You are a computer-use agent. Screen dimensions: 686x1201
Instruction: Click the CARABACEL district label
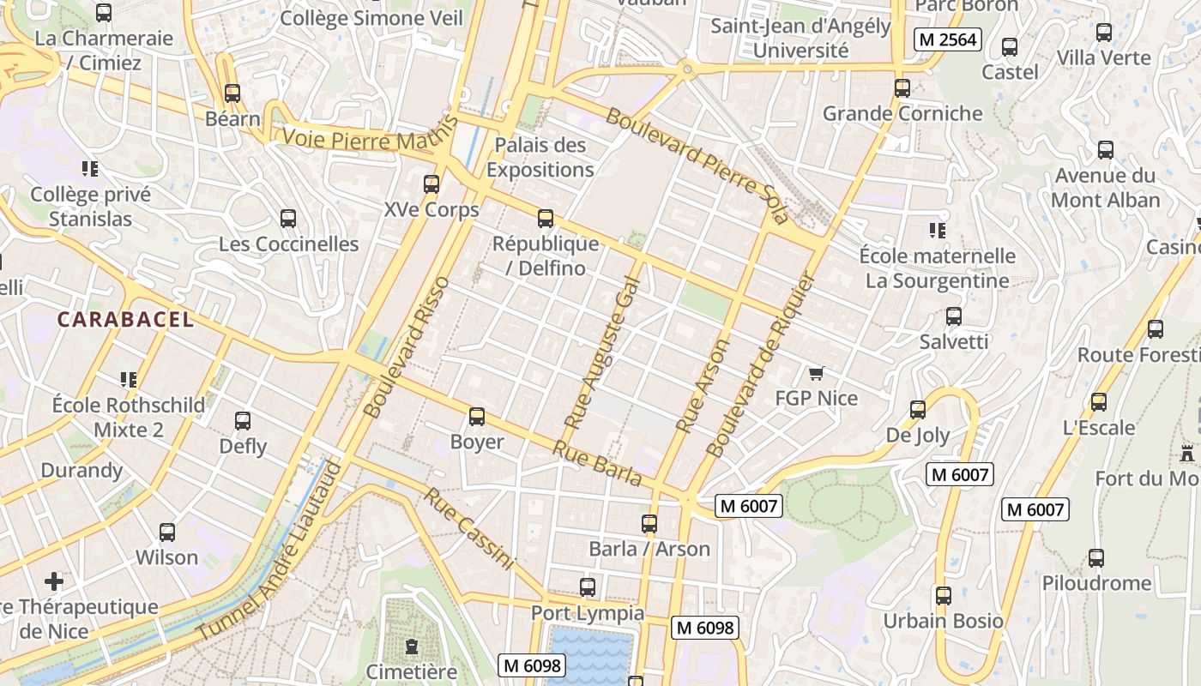pyautogui.click(x=125, y=320)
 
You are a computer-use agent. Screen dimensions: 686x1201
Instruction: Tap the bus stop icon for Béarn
pyautogui.click(x=232, y=93)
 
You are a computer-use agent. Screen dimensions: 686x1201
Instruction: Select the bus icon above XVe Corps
pyautogui.click(x=432, y=184)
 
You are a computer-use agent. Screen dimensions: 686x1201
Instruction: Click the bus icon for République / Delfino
pyautogui.click(x=546, y=218)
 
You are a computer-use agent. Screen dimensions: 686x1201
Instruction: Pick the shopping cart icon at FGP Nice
pyautogui.click(x=816, y=373)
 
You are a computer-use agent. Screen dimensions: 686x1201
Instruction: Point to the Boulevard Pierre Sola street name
pyautogui.click(x=697, y=165)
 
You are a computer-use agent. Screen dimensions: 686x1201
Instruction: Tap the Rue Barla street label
pyautogui.click(x=597, y=463)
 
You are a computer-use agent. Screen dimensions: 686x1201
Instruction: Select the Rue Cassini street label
pyautogui.click(x=468, y=529)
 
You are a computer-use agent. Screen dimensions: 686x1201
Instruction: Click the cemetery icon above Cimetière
pyautogui.click(x=412, y=646)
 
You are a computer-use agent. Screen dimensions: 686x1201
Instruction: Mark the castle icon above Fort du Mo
pyautogui.click(x=1187, y=453)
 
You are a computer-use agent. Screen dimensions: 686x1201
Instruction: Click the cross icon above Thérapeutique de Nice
pyautogui.click(x=54, y=581)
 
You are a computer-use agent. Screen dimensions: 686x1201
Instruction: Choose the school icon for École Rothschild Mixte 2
pyautogui.click(x=129, y=379)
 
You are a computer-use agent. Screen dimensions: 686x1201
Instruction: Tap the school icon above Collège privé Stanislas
pyautogui.click(x=90, y=168)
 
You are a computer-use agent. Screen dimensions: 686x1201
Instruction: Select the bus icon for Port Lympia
pyautogui.click(x=588, y=587)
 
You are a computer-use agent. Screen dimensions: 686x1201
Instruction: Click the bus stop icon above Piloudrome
pyautogui.click(x=1096, y=557)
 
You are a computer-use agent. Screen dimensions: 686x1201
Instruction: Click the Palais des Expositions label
pyautogui.click(x=540, y=157)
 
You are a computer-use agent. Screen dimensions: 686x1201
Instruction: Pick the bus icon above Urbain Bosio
pyautogui.click(x=944, y=595)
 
